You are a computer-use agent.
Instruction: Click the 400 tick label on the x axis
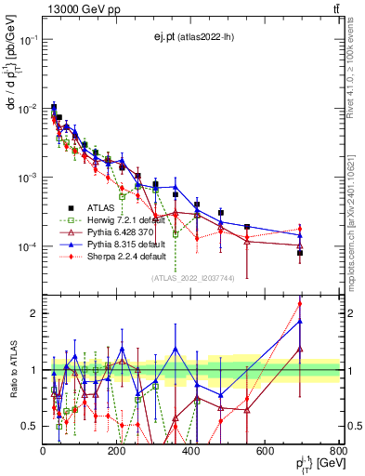pos(191,451)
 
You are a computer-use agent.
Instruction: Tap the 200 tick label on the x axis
pos(117,451)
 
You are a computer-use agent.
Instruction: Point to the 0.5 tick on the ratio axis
pos(32,426)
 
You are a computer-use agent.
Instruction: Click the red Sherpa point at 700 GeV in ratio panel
pos(299,303)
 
